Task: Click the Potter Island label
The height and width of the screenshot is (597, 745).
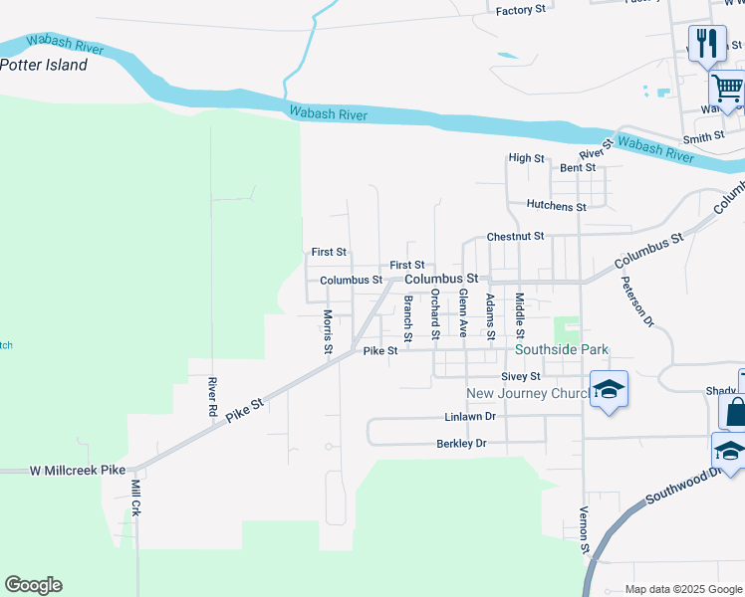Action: (x=44, y=66)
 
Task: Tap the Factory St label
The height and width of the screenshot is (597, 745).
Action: (x=521, y=10)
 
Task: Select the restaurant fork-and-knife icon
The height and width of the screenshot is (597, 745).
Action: (x=707, y=42)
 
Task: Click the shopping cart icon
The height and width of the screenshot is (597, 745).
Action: (x=727, y=90)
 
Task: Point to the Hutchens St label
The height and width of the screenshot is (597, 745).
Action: (x=556, y=206)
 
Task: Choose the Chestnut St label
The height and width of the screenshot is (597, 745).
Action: (x=515, y=237)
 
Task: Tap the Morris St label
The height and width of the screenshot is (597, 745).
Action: (x=327, y=331)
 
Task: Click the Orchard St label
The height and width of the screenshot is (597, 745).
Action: (x=434, y=311)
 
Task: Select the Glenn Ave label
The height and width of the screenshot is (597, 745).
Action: (x=463, y=312)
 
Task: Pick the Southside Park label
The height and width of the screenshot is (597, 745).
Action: (x=561, y=350)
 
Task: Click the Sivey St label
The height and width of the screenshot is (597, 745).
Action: (x=520, y=376)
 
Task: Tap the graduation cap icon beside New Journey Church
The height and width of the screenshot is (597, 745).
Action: (x=609, y=389)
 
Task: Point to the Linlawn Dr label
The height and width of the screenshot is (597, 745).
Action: (x=469, y=418)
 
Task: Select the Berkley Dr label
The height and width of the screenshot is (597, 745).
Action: (x=461, y=444)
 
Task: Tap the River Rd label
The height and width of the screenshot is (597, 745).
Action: (x=211, y=396)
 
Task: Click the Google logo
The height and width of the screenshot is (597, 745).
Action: (x=33, y=585)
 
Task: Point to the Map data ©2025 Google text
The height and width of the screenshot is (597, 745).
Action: (x=682, y=589)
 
